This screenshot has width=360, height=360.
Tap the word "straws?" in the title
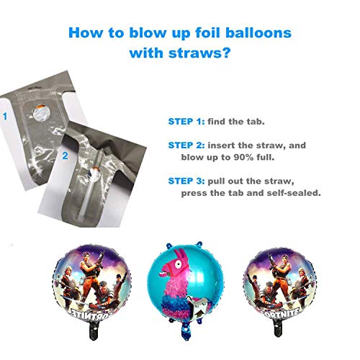(x=199, y=53)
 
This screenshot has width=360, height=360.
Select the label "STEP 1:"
(x=186, y=122)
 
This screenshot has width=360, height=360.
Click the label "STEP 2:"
(x=186, y=145)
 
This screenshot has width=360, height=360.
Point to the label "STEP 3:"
(x=186, y=181)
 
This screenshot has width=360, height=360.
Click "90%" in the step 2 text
(x=243, y=157)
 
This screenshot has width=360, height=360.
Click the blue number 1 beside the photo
(x=5, y=117)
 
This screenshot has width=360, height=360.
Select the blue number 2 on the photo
(x=65, y=156)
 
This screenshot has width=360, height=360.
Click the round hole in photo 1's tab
(x=41, y=112)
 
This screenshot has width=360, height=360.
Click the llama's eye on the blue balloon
(x=179, y=264)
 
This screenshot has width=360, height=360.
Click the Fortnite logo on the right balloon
(x=280, y=313)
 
